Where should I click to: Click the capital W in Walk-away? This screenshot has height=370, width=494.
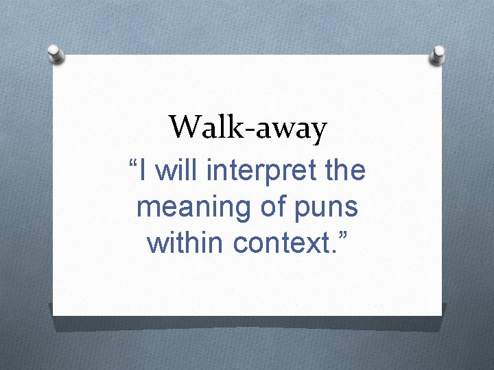pyautogui.click(x=184, y=127)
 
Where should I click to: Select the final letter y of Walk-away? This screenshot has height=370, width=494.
pyautogui.click(x=318, y=132)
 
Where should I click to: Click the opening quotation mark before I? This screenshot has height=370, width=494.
pyautogui.click(x=133, y=164)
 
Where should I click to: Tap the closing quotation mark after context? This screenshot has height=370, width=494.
pyautogui.click(x=342, y=236)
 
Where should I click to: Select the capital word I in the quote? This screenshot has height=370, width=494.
pyautogui.click(x=143, y=171)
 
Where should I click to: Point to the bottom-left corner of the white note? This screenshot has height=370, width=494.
pyautogui.click(x=54, y=314)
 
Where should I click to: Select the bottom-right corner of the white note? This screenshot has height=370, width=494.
pyautogui.click(x=440, y=314)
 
